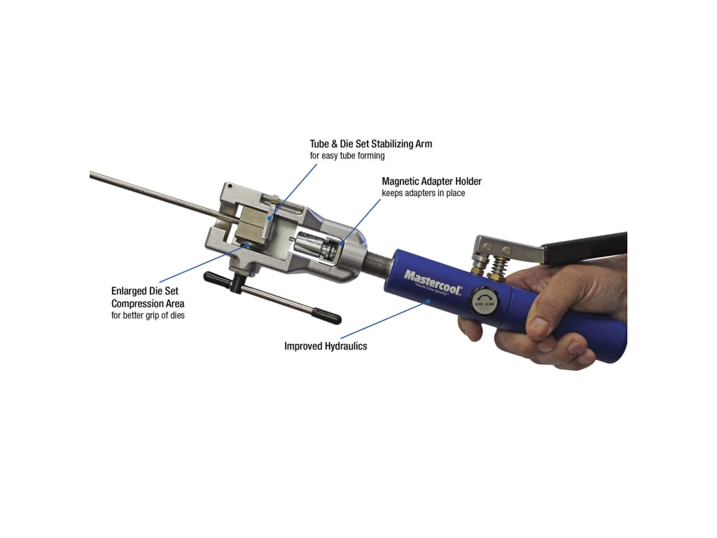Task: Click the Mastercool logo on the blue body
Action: click(432, 281)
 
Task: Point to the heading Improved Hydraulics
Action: click(326, 346)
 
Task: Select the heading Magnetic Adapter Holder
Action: click(431, 181)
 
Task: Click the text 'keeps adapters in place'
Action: click(423, 193)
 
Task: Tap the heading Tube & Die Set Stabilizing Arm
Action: click(371, 144)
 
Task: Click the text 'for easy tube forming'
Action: click(347, 156)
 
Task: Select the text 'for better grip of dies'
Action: click(148, 315)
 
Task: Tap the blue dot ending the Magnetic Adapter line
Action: click(342, 242)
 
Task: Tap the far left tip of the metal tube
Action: click(92, 172)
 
